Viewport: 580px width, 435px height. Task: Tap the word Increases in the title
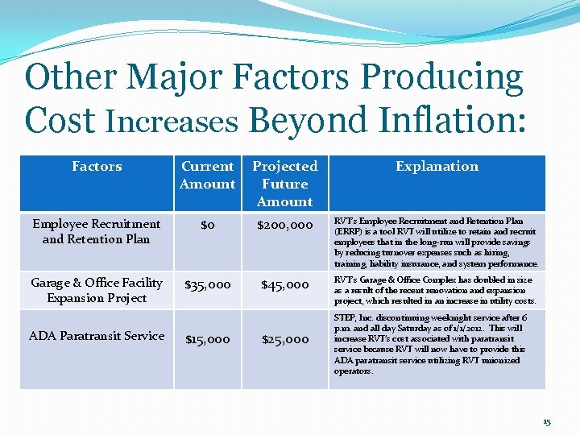pos(172,122)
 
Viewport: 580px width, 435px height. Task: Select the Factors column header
pos(97,167)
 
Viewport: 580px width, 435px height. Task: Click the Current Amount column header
pos(207,175)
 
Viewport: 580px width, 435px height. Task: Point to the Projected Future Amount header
pos(285,184)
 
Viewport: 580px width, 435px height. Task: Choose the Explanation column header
pos(437,167)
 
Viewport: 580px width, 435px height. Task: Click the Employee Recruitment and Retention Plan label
pos(96,231)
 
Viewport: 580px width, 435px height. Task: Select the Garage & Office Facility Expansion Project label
pos(97,290)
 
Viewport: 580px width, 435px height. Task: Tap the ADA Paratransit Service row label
pos(97,336)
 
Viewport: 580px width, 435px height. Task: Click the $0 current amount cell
pos(207,226)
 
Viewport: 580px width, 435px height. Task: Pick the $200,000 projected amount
pos(285,226)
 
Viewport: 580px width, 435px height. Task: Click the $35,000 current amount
pos(208,284)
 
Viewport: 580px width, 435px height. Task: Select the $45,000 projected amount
pos(285,284)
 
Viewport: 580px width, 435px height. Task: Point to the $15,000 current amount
pos(208,340)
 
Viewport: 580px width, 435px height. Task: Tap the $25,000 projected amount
pos(285,340)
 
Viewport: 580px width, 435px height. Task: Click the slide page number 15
pos(547,422)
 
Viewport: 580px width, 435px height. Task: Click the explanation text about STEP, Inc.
pos(435,344)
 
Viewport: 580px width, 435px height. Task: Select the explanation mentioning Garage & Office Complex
pos(435,290)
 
